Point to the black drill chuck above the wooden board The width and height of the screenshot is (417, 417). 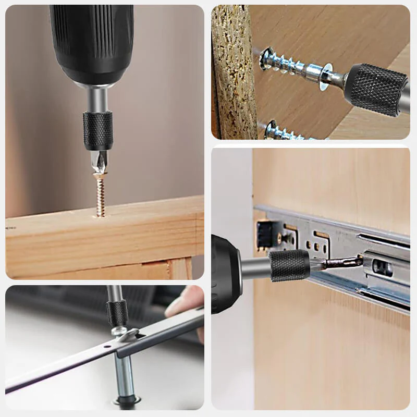point(92,42)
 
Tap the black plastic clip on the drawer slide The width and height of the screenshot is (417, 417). point(265,234)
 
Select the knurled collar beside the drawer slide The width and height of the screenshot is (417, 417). point(289,265)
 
